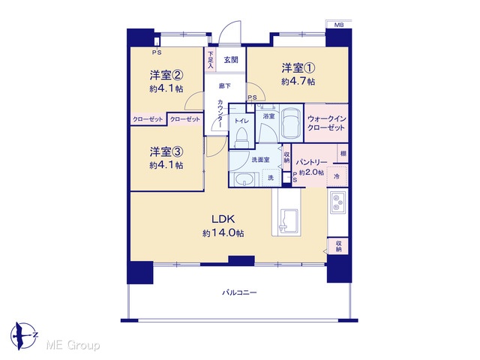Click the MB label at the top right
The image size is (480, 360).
pos(338,25)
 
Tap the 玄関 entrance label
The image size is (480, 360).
pos(231,60)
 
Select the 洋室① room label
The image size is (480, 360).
pos(298,68)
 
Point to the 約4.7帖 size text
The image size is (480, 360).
pos(298,82)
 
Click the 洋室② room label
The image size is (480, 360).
pos(166,75)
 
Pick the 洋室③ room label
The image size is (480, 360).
pos(166,151)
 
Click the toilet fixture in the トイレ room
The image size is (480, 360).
pos(241,137)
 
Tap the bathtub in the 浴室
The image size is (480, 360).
pos(292,121)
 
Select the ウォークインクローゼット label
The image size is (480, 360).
pos(326,123)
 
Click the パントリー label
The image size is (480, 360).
pos(311,162)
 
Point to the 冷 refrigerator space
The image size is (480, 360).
pos(337,176)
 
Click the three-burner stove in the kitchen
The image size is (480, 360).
pos(337,202)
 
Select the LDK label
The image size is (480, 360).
pos(223,219)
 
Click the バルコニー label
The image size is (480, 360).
pos(239,292)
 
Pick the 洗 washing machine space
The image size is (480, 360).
pos(271,177)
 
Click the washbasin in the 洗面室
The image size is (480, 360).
pos(244,180)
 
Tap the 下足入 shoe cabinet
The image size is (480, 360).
pos(211,60)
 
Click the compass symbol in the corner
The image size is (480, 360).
pos(23,335)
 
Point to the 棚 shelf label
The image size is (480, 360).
pos(343,153)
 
